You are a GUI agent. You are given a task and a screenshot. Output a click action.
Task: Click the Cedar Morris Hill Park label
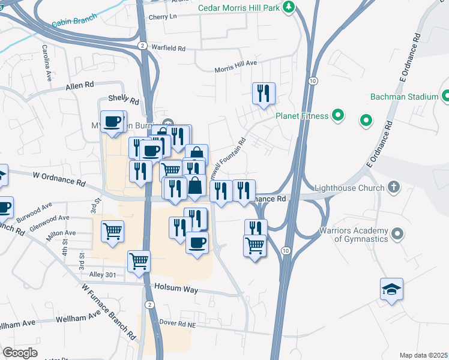(240, 7)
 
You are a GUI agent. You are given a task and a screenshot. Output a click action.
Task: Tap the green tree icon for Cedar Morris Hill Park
(290, 7)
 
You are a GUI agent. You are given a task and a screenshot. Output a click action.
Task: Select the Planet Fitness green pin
(338, 116)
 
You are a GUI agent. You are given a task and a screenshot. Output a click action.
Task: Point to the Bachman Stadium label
(404, 96)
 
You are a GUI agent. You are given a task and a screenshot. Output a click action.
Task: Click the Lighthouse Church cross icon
(393, 186)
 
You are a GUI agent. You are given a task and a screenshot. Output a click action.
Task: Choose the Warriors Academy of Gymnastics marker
(397, 233)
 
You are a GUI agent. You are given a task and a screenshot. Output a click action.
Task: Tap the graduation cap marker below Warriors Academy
(391, 289)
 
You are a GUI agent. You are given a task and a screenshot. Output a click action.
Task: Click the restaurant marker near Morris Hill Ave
(264, 94)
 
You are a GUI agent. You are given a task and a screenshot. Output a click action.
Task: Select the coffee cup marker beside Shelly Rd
(112, 122)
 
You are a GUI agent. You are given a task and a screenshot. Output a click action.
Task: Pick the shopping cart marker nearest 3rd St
(112, 231)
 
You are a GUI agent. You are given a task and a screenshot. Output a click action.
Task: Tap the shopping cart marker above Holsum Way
(139, 262)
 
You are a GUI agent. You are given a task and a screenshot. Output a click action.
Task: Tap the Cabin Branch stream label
(74, 22)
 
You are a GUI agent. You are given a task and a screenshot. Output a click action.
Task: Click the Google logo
(20, 352)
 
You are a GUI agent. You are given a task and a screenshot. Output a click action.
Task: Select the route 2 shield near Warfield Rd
(142, 46)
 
